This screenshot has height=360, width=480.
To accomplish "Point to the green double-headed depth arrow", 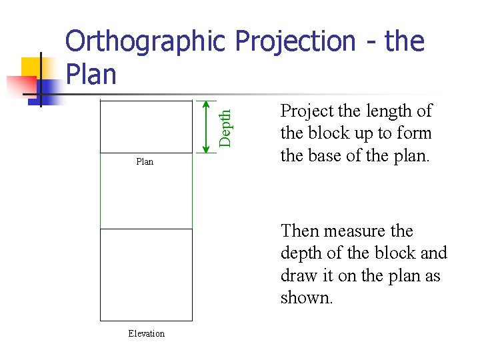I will coord(207,127).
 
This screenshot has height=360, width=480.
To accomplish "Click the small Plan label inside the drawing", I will coord(145,161).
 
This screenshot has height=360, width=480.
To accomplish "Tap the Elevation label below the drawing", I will coord(146,333).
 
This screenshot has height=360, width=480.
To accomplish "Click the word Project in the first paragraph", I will coord(304,111).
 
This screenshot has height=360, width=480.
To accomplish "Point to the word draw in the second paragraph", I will coord(298,276).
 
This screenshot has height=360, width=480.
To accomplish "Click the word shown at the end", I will coord(305,298).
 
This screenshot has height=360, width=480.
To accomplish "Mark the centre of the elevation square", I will coord(146,275).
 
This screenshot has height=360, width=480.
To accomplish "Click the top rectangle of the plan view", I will coord(146,127).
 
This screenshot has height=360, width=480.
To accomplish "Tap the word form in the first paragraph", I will coord(415,133).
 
